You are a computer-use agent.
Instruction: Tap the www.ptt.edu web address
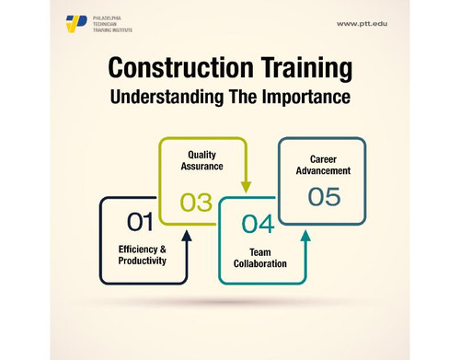point(363,23)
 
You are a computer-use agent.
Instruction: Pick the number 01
point(140,221)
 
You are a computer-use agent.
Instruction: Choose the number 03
point(196,200)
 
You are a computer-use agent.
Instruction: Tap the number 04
point(257,223)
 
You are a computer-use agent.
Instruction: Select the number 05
point(323,197)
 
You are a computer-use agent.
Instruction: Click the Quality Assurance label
point(202,162)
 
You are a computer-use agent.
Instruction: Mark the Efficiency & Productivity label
point(143,255)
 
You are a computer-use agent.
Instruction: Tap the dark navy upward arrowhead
point(187,235)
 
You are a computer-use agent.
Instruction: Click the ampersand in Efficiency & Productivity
point(162,249)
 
